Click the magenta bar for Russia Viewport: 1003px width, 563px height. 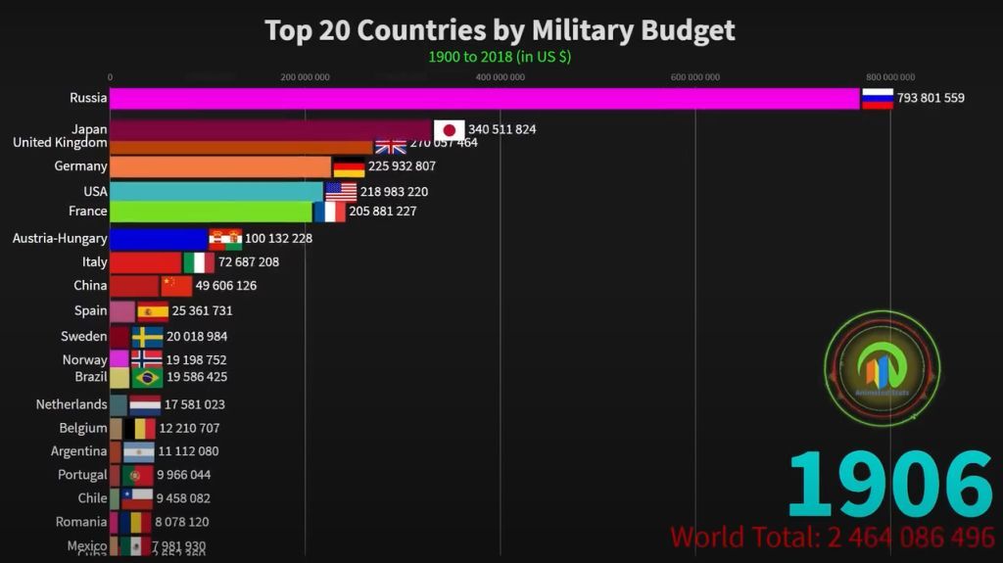click(484, 98)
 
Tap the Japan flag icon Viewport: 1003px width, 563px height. click(450, 130)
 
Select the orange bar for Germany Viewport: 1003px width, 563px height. click(220, 166)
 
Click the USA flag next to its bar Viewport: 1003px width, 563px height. click(341, 192)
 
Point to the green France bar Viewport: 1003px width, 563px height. click(211, 211)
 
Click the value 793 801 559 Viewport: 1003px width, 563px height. click(930, 98)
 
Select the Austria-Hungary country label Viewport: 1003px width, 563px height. click(60, 238)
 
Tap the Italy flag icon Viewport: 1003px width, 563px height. click(199, 262)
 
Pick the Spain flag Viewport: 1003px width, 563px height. click(153, 311)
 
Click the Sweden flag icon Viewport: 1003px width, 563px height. click(147, 337)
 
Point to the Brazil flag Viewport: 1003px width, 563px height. click(147, 377)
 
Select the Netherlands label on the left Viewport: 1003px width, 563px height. click(72, 404)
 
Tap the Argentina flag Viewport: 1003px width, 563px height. click(138, 452)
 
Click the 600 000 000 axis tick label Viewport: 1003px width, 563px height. click(695, 77)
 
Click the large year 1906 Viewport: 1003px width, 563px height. click(889, 485)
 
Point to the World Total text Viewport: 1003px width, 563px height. click(832, 538)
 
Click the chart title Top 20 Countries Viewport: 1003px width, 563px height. click(500, 30)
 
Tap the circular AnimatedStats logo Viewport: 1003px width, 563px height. click(883, 368)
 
